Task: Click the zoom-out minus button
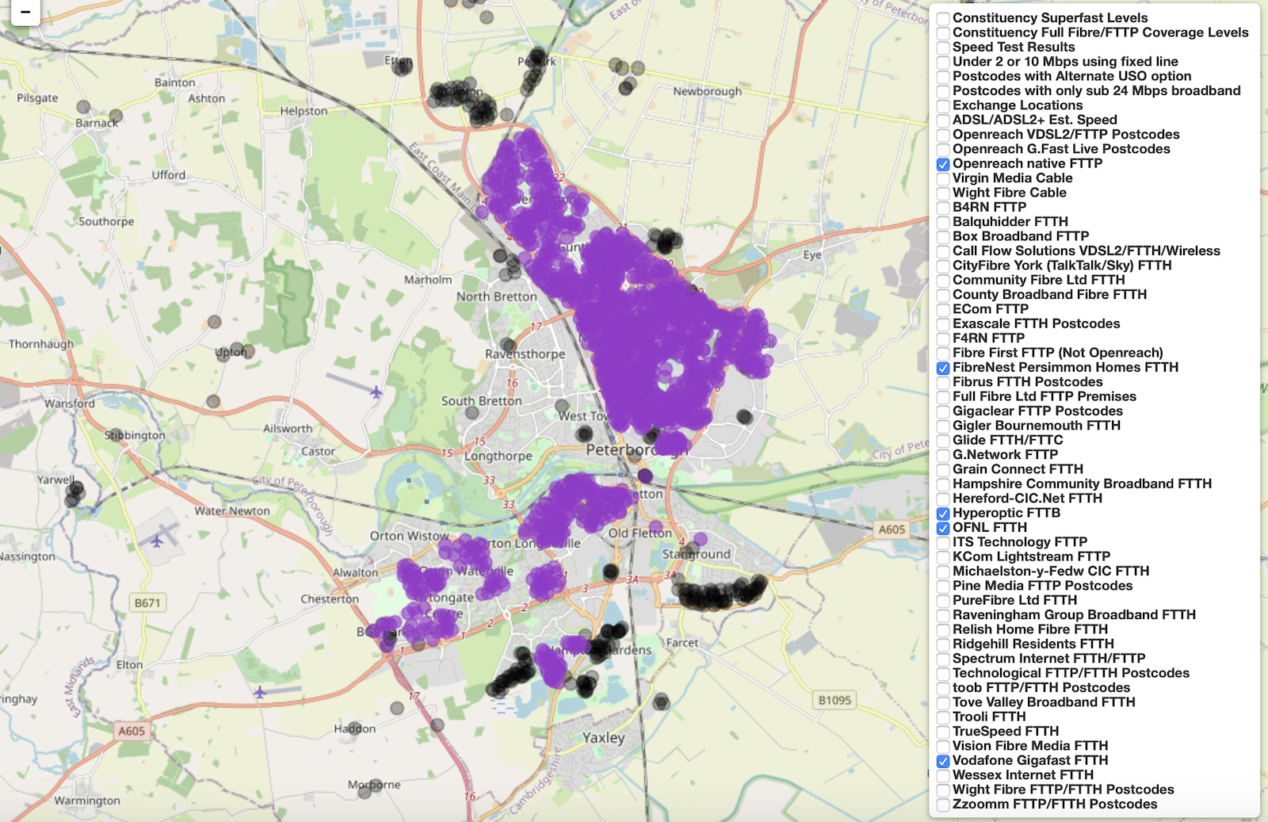(25, 13)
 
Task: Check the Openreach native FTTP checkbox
(943, 164)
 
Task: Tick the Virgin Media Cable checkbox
(943, 178)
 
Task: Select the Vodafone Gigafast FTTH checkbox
(943, 761)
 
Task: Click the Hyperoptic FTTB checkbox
(943, 514)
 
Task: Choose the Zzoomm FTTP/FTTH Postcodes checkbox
(943, 805)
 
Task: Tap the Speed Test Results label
(1013, 47)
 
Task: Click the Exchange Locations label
(1017, 105)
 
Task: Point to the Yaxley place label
(604, 738)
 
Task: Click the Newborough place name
(707, 91)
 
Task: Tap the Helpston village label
(304, 111)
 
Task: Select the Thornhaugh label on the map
(40, 344)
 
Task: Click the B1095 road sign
(835, 700)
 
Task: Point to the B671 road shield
(147, 603)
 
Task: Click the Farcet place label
(682, 643)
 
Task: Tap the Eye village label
(812, 254)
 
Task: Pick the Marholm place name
(428, 280)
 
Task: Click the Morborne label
(374, 785)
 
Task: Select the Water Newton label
(232, 511)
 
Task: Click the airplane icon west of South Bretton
(376, 392)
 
